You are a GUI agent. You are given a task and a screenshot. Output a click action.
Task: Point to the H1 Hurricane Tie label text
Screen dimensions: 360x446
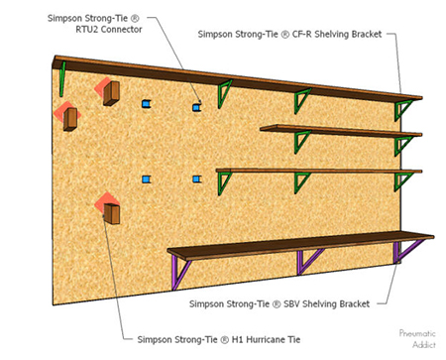coord(218,339)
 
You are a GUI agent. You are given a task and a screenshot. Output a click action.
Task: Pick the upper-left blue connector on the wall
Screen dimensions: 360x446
coord(147,102)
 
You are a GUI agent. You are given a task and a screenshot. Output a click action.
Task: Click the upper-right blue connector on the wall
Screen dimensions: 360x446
coord(198,103)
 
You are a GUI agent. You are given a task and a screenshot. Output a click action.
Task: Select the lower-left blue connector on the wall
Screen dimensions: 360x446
coord(147,179)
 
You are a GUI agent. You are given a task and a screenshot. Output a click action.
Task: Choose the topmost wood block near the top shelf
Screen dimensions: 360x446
coord(112,92)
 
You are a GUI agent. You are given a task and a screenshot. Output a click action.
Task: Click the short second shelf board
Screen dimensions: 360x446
coord(337,128)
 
